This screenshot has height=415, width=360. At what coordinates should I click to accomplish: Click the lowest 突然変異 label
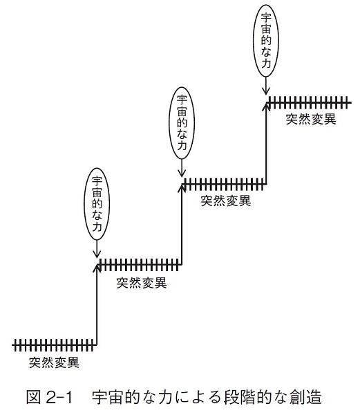(x=54, y=362)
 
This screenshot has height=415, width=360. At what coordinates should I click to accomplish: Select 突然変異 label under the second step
(x=142, y=283)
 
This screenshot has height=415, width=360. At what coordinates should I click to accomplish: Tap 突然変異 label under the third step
(x=226, y=201)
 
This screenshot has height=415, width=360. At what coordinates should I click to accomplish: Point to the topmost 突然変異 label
(x=311, y=119)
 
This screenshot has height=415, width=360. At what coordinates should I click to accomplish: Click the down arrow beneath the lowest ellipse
(x=97, y=249)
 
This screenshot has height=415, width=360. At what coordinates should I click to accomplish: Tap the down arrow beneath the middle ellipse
(x=182, y=168)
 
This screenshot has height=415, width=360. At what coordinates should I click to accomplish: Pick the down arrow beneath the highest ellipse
(x=266, y=86)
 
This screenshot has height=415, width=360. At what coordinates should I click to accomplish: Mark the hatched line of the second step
(x=140, y=264)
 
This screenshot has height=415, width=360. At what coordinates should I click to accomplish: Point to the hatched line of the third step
(x=224, y=184)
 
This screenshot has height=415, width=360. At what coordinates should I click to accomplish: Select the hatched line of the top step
(x=309, y=102)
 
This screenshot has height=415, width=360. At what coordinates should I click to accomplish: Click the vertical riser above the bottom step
(x=97, y=304)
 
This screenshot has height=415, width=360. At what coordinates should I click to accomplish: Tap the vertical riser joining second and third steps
(x=182, y=223)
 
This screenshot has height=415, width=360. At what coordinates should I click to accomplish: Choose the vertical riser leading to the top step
(x=266, y=142)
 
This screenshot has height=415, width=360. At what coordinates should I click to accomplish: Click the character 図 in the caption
(x=33, y=397)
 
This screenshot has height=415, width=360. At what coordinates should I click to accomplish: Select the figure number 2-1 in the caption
(x=59, y=397)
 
